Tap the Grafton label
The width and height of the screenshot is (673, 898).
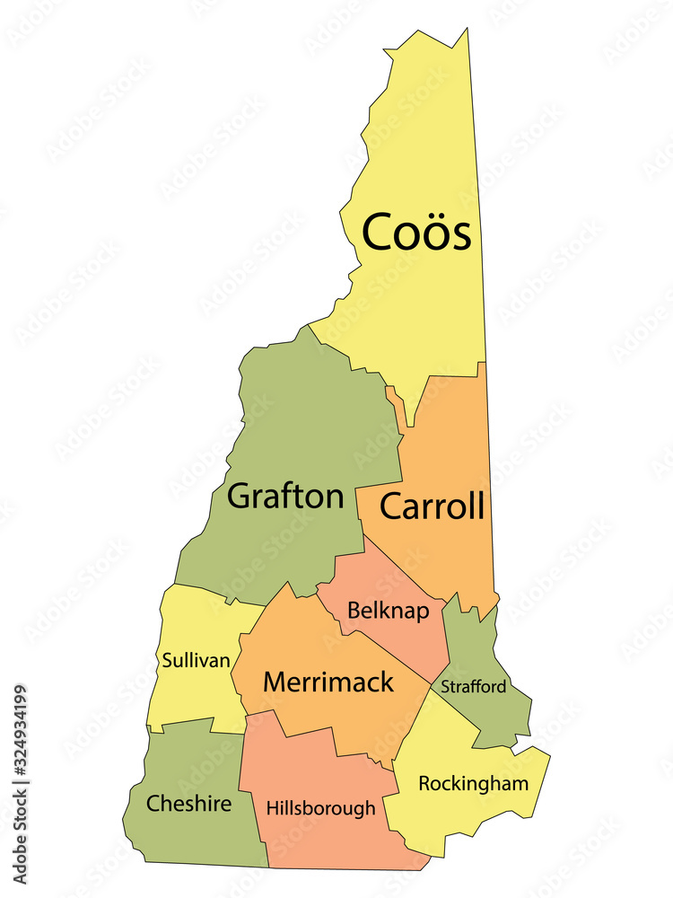tap(285, 496)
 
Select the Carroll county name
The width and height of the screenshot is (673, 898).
tap(433, 506)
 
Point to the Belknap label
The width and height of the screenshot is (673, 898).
tap(389, 612)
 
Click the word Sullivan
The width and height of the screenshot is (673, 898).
tap(197, 660)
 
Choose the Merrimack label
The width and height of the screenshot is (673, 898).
tap(328, 682)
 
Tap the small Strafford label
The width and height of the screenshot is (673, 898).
tap(473, 687)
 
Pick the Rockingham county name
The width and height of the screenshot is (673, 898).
tap(473, 784)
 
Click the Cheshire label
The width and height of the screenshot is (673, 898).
tap(189, 803)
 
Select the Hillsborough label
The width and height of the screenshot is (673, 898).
tap(320, 808)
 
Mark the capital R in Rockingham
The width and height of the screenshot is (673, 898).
tap(425, 784)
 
